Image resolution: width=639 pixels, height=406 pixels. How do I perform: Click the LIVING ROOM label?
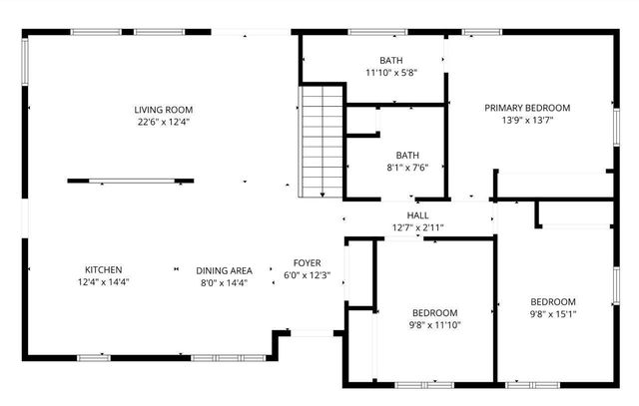point(164,110)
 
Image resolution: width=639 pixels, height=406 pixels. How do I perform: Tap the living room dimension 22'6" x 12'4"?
point(164,123)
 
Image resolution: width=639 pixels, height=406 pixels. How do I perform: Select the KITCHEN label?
point(103,269)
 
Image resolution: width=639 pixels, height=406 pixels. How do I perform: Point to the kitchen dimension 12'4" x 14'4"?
point(103,282)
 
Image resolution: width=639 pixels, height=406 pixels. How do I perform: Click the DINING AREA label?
point(223,270)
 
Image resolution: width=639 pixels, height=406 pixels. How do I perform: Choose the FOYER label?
point(307,262)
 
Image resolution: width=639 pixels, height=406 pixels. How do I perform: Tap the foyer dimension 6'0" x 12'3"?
point(307,275)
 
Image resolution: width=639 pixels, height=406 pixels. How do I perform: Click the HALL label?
point(418,215)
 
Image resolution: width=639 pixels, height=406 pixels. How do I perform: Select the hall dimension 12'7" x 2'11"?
point(418,228)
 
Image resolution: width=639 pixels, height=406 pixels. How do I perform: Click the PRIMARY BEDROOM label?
point(527,108)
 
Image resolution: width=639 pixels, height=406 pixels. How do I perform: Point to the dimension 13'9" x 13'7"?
point(527,121)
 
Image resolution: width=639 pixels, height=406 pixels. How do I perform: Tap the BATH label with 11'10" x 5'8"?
point(391,60)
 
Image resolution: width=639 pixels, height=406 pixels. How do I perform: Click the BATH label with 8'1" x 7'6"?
point(407,155)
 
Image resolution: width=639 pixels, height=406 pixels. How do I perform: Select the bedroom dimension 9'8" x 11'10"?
point(434,324)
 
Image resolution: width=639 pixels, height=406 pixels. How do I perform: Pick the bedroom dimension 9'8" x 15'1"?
point(552,315)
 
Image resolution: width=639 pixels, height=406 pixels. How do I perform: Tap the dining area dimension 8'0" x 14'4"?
point(223,283)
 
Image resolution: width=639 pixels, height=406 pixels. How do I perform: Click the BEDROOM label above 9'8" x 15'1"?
point(552,302)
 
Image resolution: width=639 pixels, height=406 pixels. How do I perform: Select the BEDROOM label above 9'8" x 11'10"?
point(434,311)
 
